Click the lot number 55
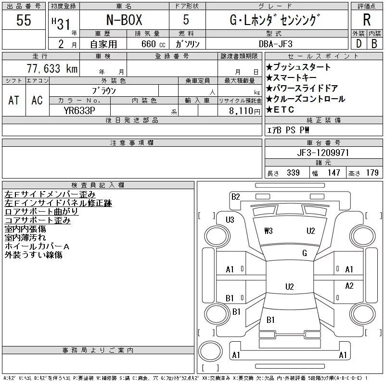click(x=24, y=20)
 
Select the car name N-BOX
click(x=124, y=20)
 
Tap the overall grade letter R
click(x=367, y=20)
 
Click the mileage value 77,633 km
click(x=52, y=68)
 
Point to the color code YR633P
click(x=79, y=111)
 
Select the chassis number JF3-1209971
click(x=323, y=153)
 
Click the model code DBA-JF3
click(x=276, y=44)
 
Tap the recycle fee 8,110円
click(x=244, y=111)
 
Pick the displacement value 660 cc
click(x=153, y=44)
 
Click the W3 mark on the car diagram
click(x=269, y=231)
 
